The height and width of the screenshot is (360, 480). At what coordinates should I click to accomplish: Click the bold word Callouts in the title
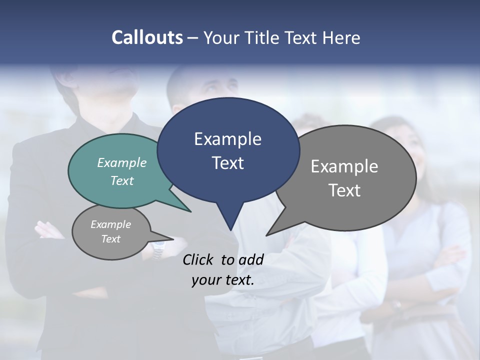[x=147, y=37]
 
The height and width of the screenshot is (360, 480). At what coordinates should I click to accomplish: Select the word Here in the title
[x=341, y=37]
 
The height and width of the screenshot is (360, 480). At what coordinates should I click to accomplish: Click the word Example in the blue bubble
[x=227, y=139]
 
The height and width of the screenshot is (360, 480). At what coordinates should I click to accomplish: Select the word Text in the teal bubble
[x=121, y=180]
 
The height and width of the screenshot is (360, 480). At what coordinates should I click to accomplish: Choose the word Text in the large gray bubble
[x=344, y=190]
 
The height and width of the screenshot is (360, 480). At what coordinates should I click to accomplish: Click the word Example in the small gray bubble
[x=110, y=224]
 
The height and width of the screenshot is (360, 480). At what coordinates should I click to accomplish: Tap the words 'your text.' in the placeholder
[x=223, y=280]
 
